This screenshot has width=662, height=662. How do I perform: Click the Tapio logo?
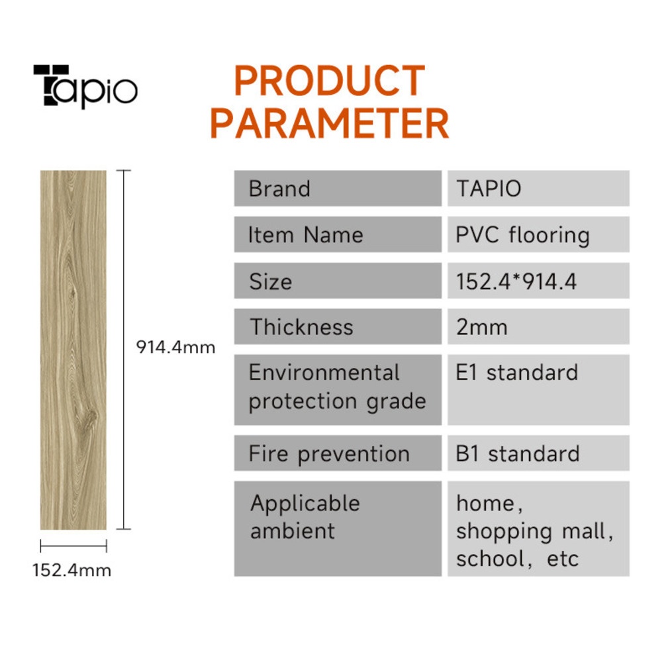point(85,86)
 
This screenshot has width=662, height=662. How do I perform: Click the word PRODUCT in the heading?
point(329,81)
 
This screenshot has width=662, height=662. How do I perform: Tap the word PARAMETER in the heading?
point(329,123)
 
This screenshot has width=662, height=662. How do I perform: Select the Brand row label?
point(279,188)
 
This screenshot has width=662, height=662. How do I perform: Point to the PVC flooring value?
point(523,236)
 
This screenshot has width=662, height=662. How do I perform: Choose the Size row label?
point(270,281)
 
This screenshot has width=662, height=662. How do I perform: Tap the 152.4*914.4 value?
point(516,281)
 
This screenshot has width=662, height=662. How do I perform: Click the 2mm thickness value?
point(482,327)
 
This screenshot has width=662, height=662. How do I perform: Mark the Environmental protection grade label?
point(338,387)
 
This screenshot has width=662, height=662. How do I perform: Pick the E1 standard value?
point(517,372)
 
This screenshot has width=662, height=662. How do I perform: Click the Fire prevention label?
point(329,454)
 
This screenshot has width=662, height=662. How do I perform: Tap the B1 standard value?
point(518,454)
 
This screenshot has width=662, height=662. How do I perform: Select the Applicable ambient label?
point(305,517)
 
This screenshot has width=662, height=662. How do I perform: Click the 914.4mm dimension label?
point(175,347)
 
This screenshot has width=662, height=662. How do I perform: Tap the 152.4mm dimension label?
point(71,571)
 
